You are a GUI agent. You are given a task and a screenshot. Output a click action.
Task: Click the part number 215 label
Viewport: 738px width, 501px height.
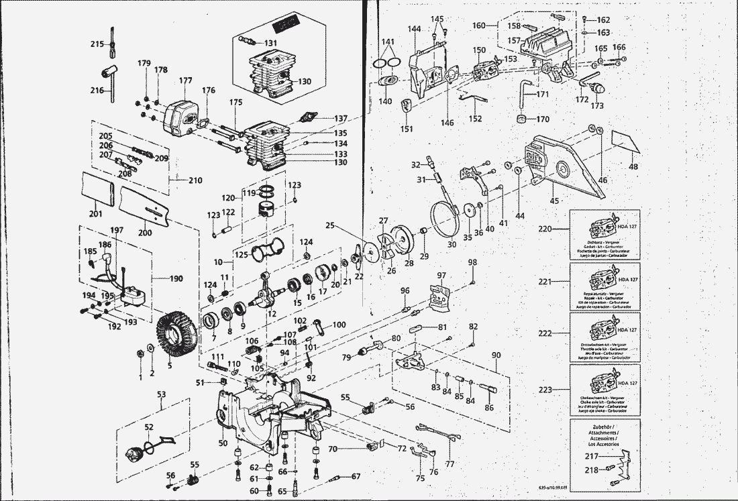[97, 44]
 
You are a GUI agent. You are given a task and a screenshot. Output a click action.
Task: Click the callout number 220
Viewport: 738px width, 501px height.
[545, 229]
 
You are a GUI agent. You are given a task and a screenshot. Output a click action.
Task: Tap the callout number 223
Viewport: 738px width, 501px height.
[545, 389]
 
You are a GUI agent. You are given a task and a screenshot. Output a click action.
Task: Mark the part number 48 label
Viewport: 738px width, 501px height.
[633, 166]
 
